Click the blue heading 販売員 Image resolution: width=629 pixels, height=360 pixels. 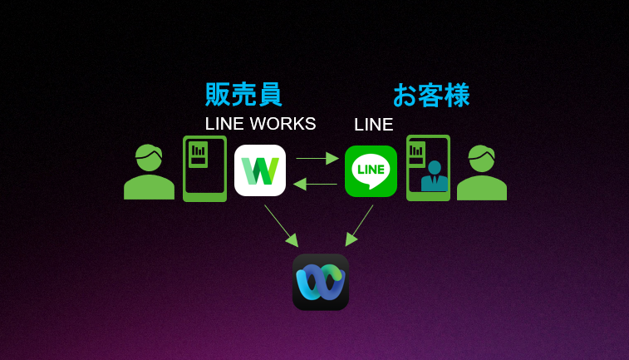243,94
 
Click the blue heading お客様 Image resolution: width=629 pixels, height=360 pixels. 431,95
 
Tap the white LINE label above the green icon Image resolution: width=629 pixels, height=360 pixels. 373,125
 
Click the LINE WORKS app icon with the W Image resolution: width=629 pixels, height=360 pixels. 260,170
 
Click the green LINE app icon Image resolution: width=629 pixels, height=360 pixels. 371,170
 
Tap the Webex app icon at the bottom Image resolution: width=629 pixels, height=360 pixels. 320,282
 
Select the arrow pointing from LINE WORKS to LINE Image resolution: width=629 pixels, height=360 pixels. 317,158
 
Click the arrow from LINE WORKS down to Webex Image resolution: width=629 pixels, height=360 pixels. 281,225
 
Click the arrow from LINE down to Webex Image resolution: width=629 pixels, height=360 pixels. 360,225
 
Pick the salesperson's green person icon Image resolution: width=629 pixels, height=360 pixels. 149,172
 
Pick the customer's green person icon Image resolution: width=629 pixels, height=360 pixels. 481,172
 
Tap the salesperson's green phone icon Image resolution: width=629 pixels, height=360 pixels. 204,169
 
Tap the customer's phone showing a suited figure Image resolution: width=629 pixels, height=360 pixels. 428,168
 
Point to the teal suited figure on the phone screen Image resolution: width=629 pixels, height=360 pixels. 434,176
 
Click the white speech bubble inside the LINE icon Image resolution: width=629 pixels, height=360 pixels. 371,170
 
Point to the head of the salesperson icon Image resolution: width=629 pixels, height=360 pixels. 149,157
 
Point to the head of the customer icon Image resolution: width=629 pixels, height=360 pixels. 481,157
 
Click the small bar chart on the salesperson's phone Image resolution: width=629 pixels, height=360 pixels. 198,150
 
